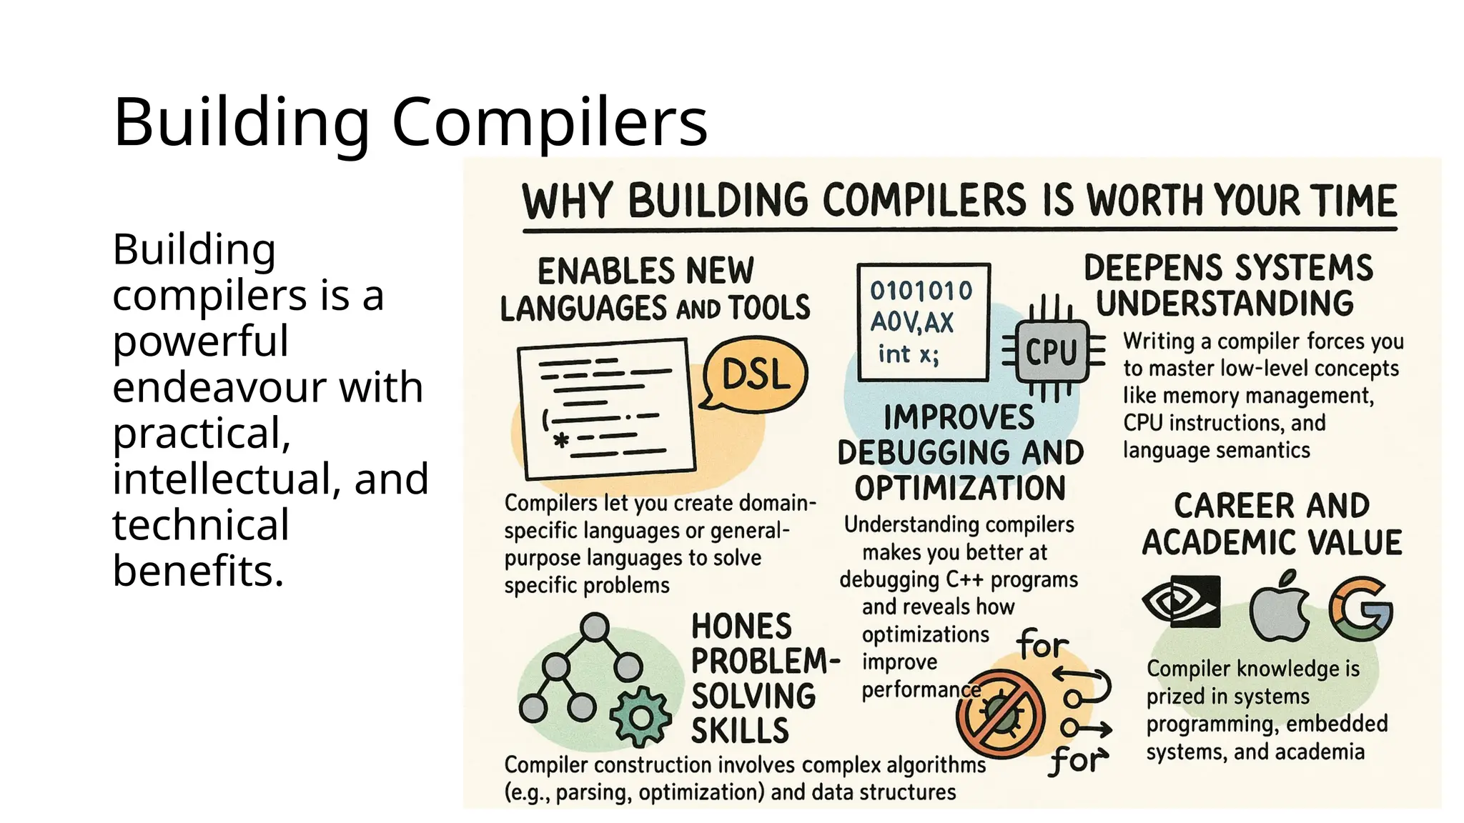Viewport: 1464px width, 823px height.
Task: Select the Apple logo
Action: pos(1278,608)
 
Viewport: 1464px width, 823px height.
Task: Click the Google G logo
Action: pos(1360,609)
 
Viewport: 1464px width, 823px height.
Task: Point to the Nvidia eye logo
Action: pos(1181,602)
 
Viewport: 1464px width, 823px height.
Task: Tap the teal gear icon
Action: pos(640,716)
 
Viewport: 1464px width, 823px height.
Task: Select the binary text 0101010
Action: pos(921,291)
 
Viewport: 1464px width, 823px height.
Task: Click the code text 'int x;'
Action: pos(909,354)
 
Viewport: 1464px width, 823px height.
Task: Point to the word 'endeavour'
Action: pos(267,387)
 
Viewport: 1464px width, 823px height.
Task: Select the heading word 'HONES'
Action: pos(741,627)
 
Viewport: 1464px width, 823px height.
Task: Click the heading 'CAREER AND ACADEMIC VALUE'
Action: pos(1272,524)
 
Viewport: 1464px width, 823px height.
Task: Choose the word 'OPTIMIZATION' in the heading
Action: pos(960,489)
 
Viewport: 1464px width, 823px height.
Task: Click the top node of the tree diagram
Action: pos(594,627)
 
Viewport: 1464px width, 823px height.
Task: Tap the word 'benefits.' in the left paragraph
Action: pos(198,571)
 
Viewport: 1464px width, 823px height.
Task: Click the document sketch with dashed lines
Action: pos(607,409)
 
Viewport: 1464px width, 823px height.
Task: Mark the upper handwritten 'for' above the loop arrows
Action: pos(1042,644)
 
